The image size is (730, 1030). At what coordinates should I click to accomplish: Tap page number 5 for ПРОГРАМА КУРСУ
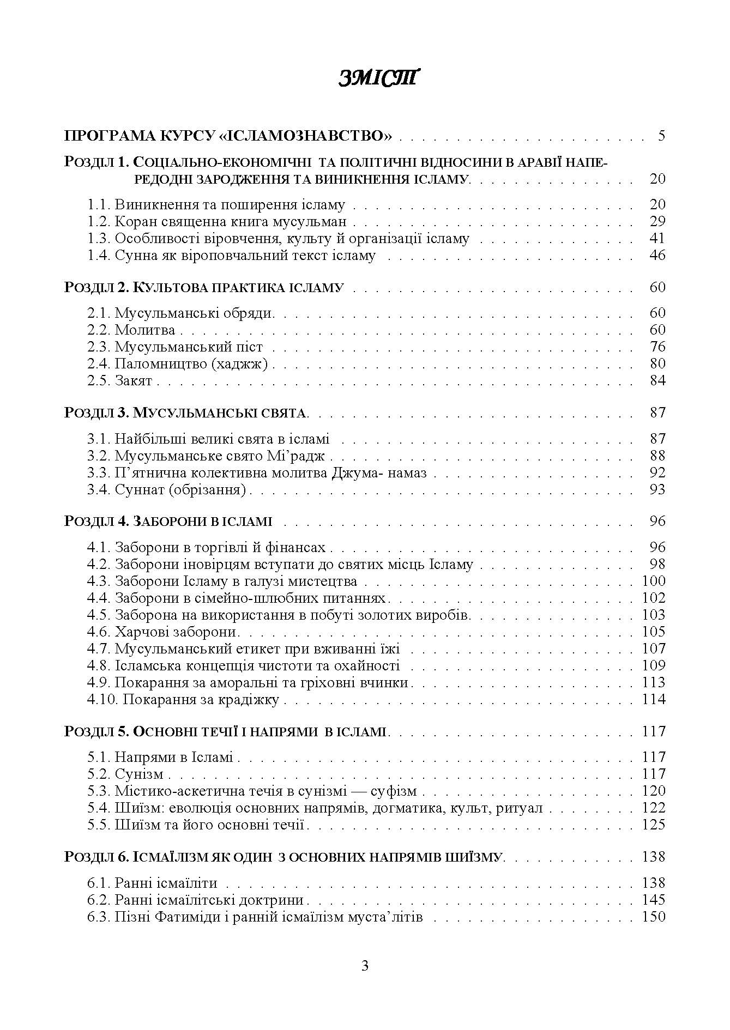point(661,136)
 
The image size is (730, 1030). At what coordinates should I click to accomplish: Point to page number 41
point(657,239)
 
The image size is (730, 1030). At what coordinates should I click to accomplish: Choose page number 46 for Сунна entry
point(657,256)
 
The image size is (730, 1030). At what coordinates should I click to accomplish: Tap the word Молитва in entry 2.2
point(145,330)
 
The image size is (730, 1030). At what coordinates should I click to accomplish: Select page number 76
point(657,347)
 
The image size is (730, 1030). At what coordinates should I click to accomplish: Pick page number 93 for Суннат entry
point(657,490)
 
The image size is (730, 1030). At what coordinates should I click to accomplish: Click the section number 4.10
point(102,700)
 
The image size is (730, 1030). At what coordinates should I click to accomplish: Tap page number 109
point(654,666)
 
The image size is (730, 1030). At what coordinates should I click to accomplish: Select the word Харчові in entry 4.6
point(142,632)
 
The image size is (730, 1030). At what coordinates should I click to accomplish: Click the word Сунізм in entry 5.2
point(139,774)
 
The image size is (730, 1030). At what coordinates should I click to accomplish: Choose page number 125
point(654,825)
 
